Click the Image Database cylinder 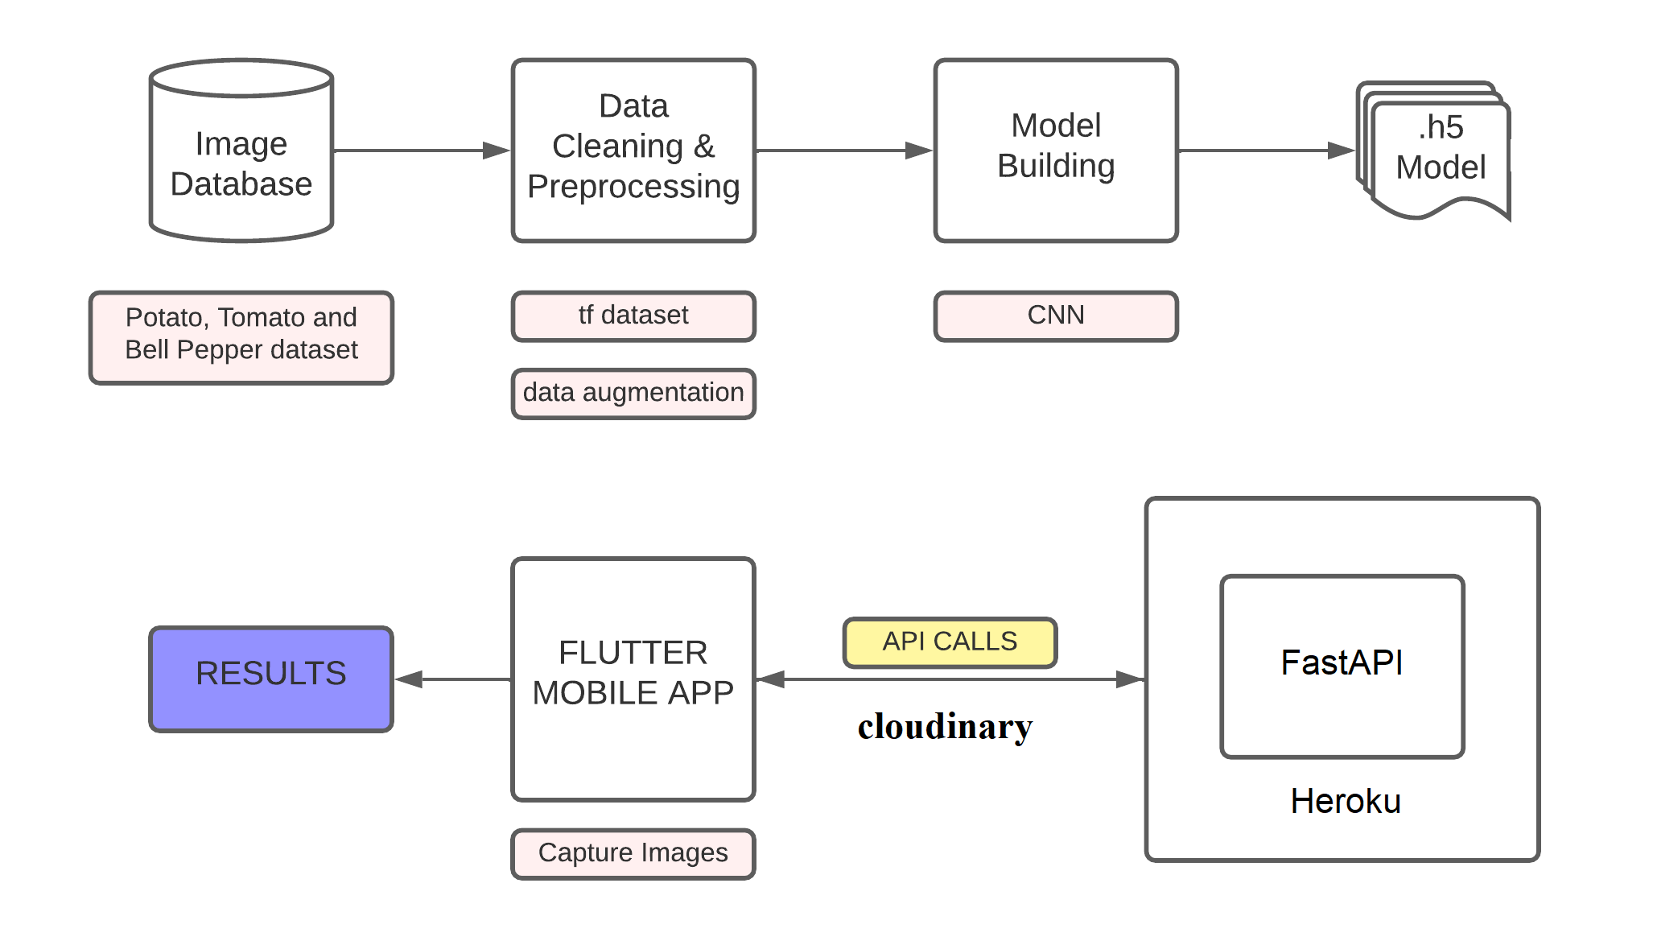click(241, 161)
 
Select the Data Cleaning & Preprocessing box click(633, 150)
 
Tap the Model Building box click(1055, 150)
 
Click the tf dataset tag click(633, 316)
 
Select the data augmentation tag click(633, 393)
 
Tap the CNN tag click(1055, 316)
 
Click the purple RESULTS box click(270, 678)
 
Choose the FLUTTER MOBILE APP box click(633, 678)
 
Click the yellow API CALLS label click(950, 642)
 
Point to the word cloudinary click(945, 726)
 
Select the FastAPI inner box click(1342, 665)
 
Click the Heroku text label click(1346, 802)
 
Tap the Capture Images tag click(633, 853)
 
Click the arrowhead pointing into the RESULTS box click(409, 679)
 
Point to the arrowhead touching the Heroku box click(1131, 679)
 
